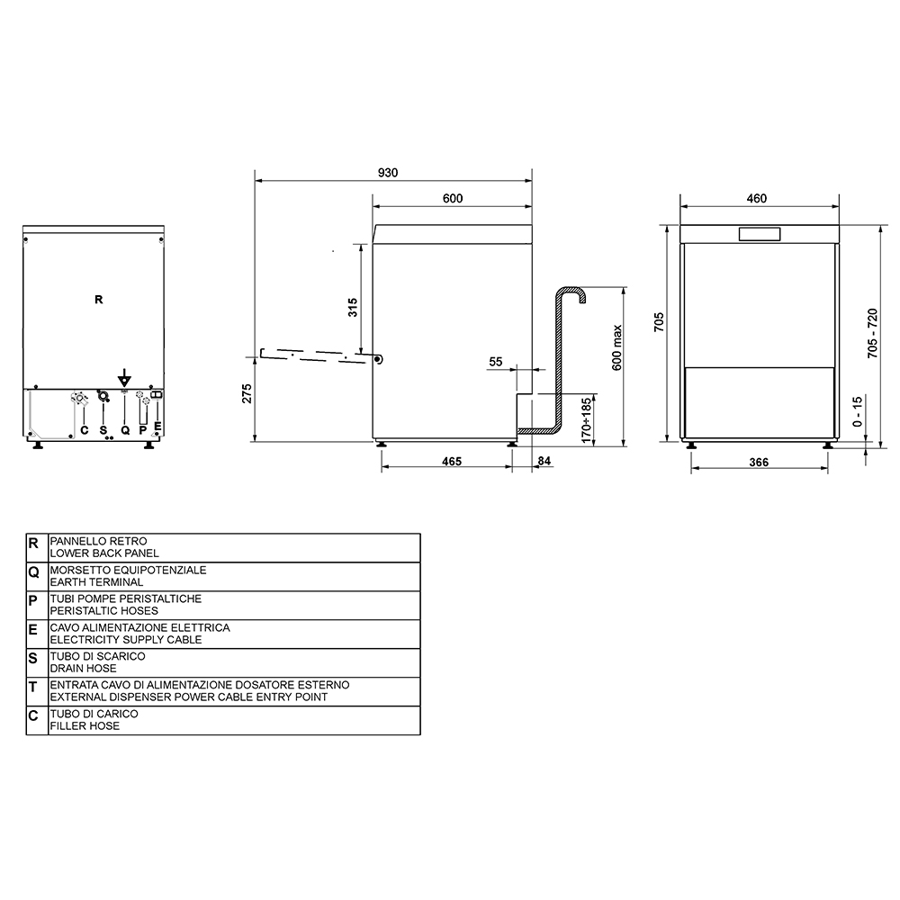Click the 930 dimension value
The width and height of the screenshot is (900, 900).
[x=387, y=173]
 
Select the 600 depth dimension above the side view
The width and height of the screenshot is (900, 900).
[x=453, y=198]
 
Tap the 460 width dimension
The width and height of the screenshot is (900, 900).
[x=757, y=198]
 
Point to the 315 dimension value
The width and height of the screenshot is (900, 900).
[x=353, y=307]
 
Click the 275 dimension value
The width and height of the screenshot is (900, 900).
[x=247, y=394]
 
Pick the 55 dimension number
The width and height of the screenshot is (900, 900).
[x=495, y=362]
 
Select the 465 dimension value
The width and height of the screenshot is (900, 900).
[x=452, y=462]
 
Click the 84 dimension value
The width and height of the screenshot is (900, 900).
[x=544, y=461]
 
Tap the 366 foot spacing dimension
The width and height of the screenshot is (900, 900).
[x=759, y=462]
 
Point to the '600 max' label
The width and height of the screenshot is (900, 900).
[x=617, y=347]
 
